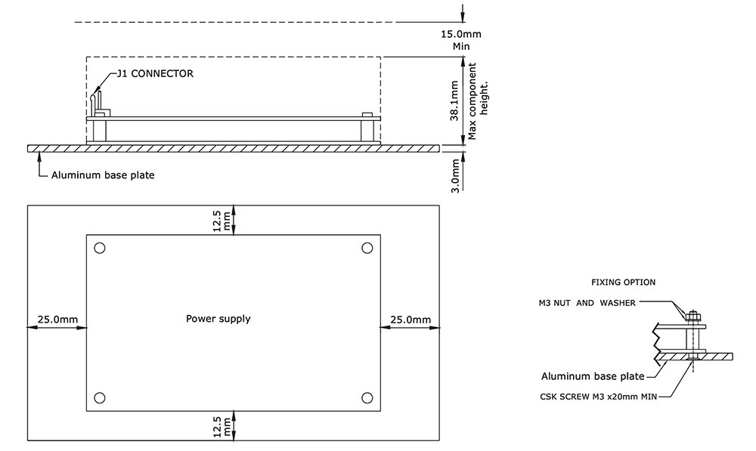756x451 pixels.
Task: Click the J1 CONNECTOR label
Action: click(155, 74)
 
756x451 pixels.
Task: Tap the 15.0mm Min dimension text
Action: click(461, 40)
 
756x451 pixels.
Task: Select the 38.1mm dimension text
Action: click(454, 100)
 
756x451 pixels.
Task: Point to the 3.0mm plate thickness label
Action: click(454, 176)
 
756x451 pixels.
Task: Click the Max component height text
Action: click(478, 101)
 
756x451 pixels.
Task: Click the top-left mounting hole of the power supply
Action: click(100, 248)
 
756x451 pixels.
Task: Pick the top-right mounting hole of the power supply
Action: click(367, 248)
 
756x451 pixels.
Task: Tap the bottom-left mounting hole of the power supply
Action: click(100, 398)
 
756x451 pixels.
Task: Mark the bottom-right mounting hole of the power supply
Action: click(367, 398)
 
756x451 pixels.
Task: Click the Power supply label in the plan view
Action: click(218, 319)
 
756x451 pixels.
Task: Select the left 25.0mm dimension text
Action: click(58, 320)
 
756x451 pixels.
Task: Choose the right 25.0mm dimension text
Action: click(411, 320)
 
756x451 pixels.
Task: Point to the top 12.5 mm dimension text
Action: click(222, 221)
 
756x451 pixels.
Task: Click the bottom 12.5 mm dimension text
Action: click(222, 427)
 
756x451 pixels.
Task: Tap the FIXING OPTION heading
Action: click(624, 283)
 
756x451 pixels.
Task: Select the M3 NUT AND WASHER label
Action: click(587, 303)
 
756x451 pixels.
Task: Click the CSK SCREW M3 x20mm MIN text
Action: click(598, 397)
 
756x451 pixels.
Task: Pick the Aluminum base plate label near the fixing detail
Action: click(593, 376)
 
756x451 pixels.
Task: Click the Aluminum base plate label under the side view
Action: click(103, 175)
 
